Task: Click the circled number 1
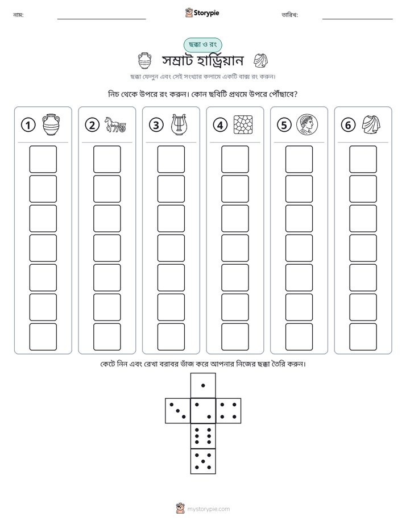[x=28, y=125]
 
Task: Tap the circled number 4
[x=220, y=125]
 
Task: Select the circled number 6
[x=348, y=125]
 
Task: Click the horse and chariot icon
[x=115, y=124]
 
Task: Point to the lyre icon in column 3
[x=179, y=124]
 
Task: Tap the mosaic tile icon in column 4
[x=243, y=125]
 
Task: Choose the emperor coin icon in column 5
[x=307, y=124]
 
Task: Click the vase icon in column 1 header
[x=51, y=124]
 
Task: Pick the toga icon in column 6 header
[x=371, y=124]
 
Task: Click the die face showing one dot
[x=203, y=385]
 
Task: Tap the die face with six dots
[x=203, y=436]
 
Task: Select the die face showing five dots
[x=203, y=461]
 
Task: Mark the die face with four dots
[x=229, y=411]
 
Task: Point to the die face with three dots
[x=178, y=411]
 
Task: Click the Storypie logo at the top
[x=202, y=13]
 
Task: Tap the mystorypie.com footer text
[x=208, y=509]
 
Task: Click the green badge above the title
[x=202, y=44]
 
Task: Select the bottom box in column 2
[x=107, y=337]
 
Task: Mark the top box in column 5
[x=299, y=159]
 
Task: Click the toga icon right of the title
[x=260, y=61]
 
